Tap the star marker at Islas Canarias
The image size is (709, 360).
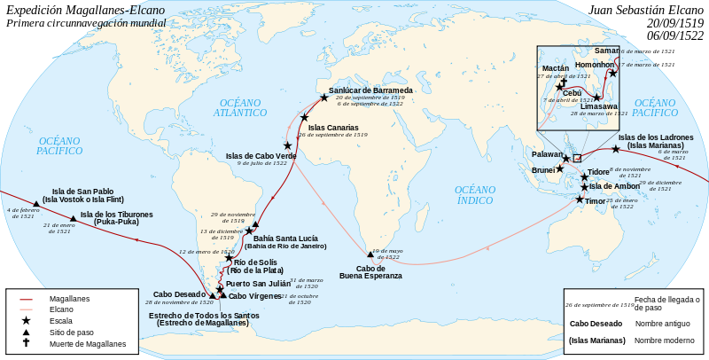[304, 117]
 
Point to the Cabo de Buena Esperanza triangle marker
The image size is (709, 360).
[370, 254]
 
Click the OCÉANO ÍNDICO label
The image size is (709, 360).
[475, 195]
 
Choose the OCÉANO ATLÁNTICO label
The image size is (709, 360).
[240, 108]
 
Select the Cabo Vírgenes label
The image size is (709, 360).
[255, 295]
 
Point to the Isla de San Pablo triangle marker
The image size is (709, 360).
[36, 203]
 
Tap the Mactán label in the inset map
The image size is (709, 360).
[556, 67]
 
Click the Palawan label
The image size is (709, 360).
[547, 153]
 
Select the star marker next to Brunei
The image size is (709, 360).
[559, 168]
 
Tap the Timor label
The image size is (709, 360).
[596, 201]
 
